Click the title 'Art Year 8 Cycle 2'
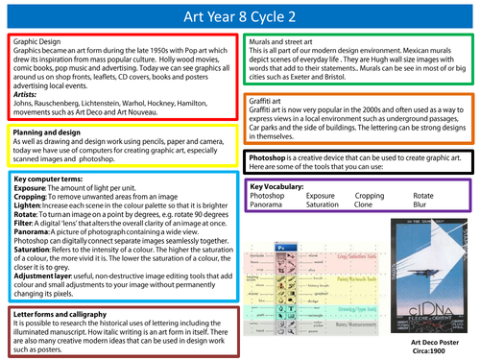click(240, 14)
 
